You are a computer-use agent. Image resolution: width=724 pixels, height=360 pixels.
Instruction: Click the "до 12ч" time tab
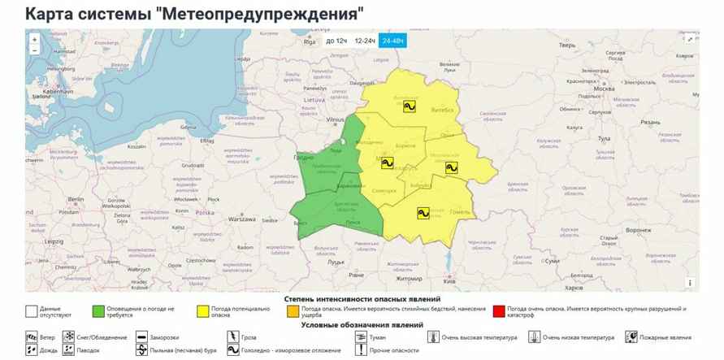click(x=336, y=40)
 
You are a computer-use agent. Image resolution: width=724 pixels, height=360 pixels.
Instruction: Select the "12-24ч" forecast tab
click(x=365, y=40)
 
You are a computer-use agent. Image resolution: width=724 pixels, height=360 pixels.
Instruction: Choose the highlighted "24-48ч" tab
click(x=393, y=40)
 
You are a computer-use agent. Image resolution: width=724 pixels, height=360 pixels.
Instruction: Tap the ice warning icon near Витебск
click(x=411, y=106)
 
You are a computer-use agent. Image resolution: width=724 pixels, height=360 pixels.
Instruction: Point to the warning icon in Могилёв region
click(x=452, y=167)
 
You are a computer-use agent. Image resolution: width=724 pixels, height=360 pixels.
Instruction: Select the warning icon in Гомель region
click(x=423, y=213)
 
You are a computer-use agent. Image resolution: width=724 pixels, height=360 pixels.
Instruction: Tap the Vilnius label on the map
click(x=335, y=119)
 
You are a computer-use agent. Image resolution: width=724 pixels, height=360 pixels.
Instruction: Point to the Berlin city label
click(x=77, y=199)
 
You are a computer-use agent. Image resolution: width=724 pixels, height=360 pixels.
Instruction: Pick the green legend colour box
click(x=98, y=310)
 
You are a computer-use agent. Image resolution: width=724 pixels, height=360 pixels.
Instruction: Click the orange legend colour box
click(x=291, y=310)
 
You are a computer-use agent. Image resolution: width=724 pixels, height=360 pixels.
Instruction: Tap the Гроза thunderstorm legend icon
click(x=232, y=336)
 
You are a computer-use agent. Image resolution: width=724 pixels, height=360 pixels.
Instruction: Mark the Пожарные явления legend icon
click(x=631, y=336)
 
